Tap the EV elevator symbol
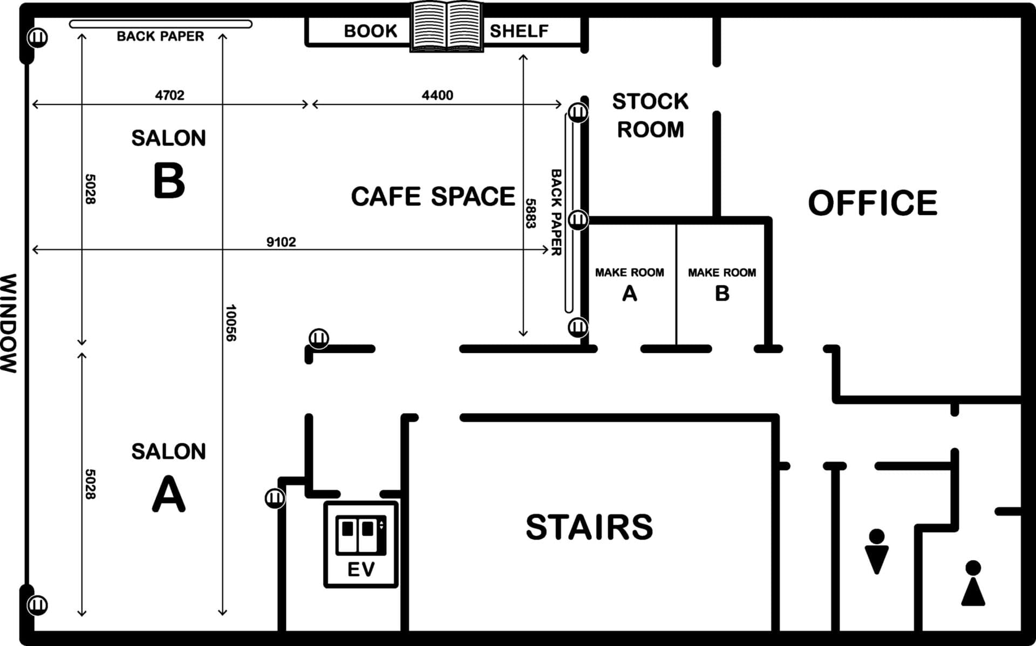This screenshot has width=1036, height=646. (361, 544)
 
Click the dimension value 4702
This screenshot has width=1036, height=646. (169, 95)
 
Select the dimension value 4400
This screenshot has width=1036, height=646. (437, 95)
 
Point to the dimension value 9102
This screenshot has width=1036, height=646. (281, 242)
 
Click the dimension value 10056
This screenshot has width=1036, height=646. (231, 322)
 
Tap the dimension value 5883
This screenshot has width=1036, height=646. (530, 214)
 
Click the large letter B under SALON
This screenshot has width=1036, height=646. (169, 181)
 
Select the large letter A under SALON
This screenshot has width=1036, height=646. (169, 493)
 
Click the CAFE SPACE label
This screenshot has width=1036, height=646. (433, 196)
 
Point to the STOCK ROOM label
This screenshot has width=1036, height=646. (650, 115)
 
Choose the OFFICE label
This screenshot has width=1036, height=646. (873, 203)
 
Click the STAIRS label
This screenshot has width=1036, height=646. (589, 527)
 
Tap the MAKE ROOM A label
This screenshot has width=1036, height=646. (630, 284)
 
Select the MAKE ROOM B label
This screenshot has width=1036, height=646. (722, 284)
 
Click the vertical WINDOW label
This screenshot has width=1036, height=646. (9, 323)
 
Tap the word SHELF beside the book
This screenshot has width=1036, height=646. (519, 31)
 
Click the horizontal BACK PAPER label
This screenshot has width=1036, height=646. (160, 36)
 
